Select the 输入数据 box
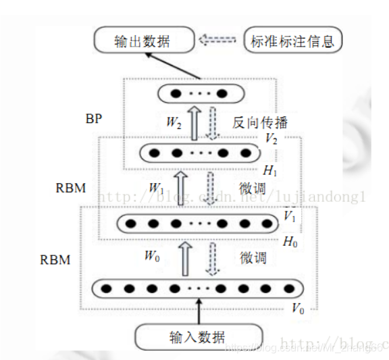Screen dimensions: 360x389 click(x=198, y=336)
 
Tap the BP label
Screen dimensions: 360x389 click(x=94, y=119)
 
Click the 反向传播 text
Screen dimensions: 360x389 click(x=260, y=123)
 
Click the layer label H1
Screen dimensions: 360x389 click(x=270, y=171)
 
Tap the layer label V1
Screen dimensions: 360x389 click(x=290, y=216)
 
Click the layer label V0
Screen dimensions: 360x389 click(x=297, y=309)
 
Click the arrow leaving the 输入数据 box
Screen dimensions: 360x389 click(x=198, y=311)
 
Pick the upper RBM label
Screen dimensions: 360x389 click(x=71, y=188)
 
